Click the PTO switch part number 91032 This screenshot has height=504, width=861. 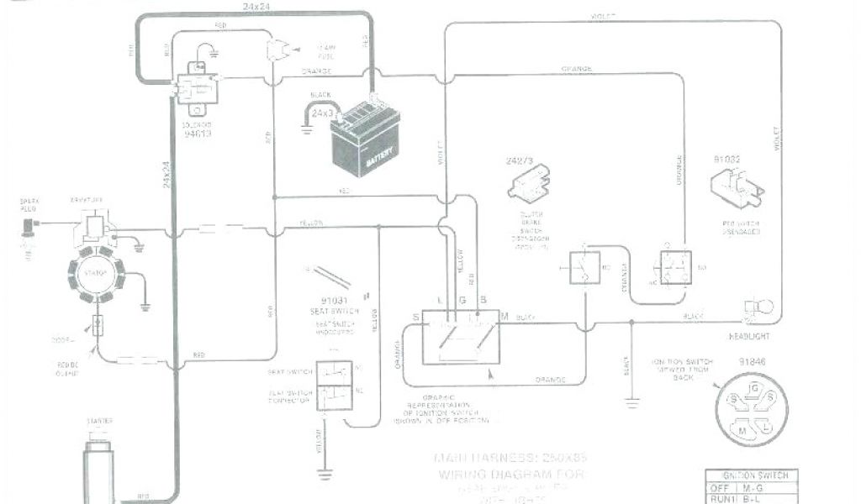click(728, 158)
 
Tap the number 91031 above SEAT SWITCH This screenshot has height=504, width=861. click(340, 299)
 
